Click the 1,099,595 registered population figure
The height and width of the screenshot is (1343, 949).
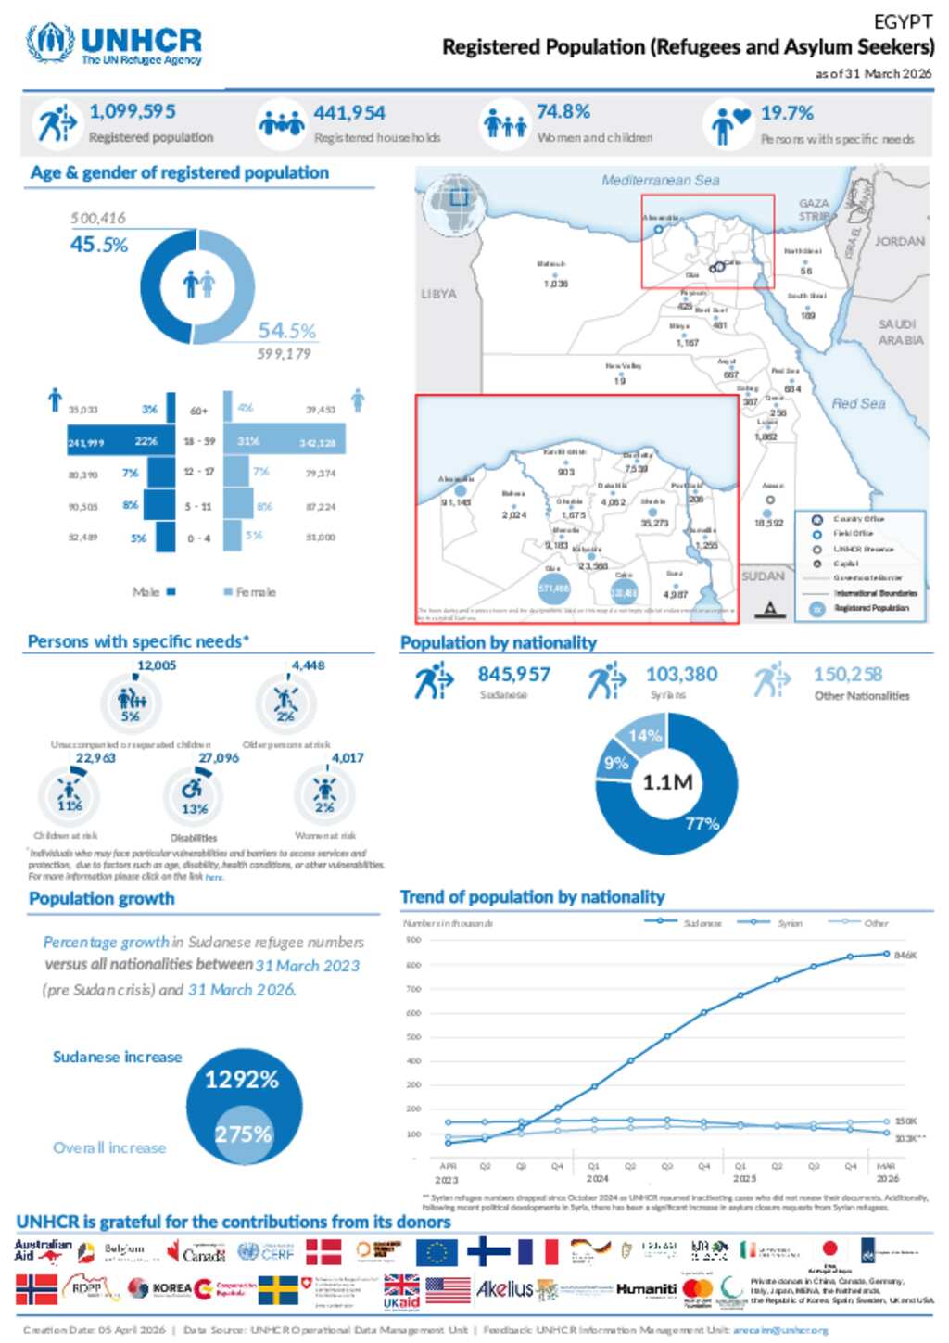(x=132, y=111)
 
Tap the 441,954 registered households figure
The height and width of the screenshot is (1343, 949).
(x=348, y=113)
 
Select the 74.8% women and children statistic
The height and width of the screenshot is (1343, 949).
(x=563, y=112)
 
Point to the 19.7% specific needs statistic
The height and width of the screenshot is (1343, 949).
(x=787, y=113)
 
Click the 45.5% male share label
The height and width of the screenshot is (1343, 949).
(x=98, y=245)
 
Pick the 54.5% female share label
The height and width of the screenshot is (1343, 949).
(x=286, y=331)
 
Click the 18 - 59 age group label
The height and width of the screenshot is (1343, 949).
(x=200, y=441)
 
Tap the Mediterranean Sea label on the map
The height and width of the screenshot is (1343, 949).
(x=660, y=181)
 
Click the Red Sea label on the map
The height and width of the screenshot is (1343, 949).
(x=857, y=404)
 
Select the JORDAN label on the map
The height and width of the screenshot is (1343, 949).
(x=899, y=241)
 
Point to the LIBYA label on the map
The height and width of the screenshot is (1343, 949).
(x=438, y=294)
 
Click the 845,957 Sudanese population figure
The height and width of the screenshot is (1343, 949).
(x=513, y=675)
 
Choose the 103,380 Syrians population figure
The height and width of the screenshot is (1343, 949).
(x=681, y=675)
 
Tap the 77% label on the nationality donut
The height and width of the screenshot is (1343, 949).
(x=702, y=823)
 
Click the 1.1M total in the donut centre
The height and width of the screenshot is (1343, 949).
(x=667, y=782)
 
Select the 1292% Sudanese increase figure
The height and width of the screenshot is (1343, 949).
(x=242, y=1080)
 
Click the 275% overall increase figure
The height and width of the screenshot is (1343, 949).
(x=243, y=1134)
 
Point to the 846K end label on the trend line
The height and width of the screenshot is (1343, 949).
(x=905, y=955)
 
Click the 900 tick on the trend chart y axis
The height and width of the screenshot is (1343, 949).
(x=413, y=940)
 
